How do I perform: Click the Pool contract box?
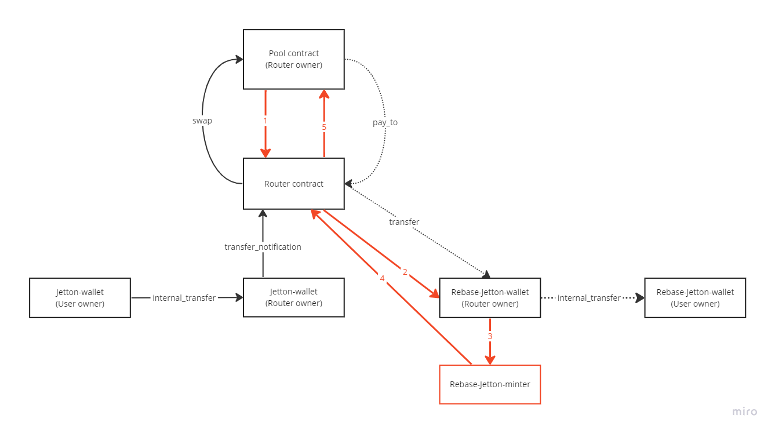293,59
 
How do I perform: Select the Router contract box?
293,184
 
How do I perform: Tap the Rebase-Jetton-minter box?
490,384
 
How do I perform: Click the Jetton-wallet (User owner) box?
80,298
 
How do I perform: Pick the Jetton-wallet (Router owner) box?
293,298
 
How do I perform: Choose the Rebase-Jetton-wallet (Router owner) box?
490,298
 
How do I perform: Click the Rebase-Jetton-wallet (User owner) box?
695,298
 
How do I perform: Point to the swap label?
202,121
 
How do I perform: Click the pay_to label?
385,123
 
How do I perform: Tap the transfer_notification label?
263,247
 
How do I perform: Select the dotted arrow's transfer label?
404,222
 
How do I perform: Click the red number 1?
265,121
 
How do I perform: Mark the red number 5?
324,127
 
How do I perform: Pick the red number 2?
405,272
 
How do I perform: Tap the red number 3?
490,336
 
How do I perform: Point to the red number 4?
382,279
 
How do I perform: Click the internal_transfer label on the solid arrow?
184,298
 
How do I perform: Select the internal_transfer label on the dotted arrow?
589,298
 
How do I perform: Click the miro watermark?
744,412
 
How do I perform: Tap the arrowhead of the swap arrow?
239,59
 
